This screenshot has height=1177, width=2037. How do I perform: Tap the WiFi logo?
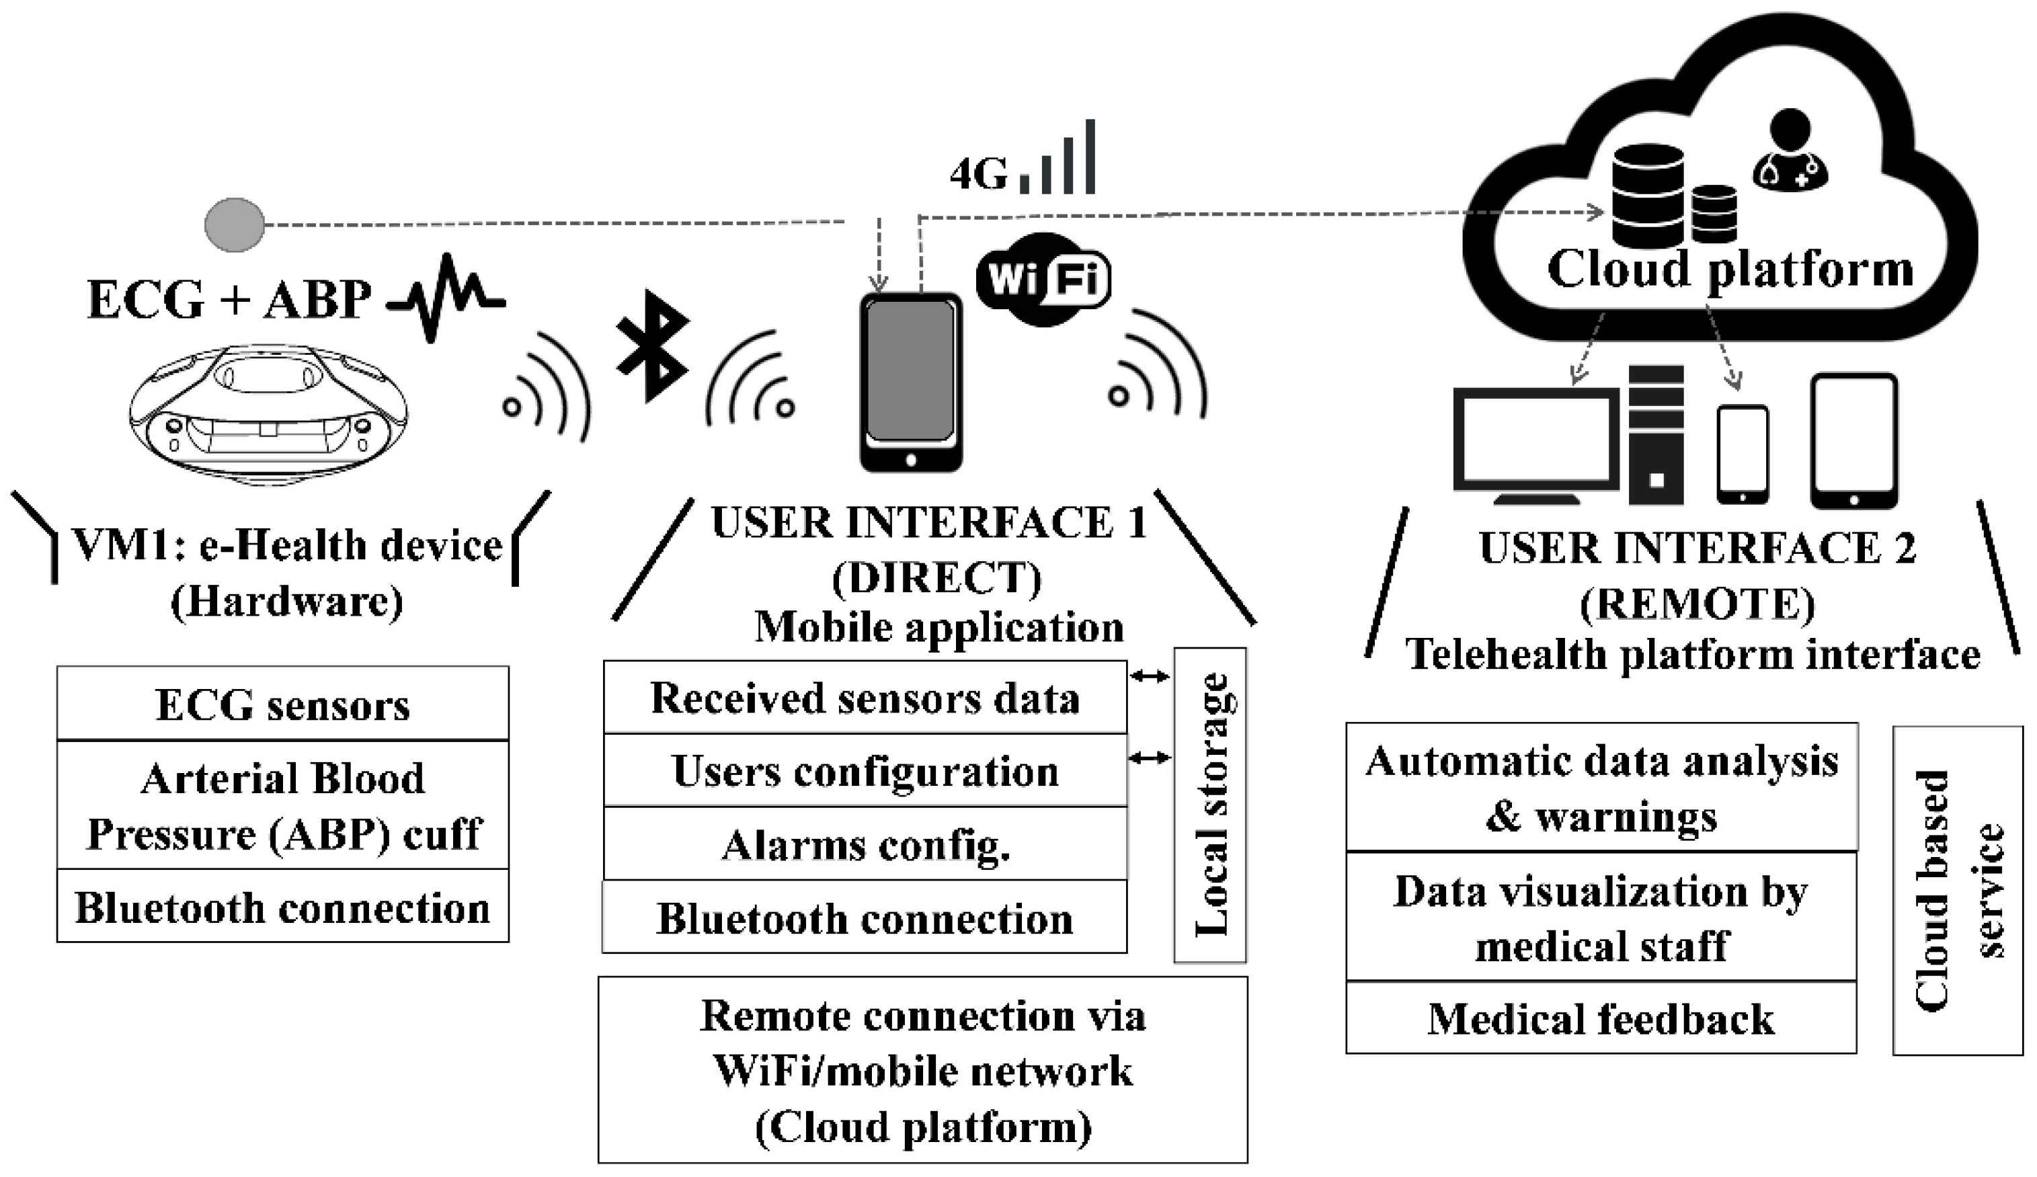[x=1043, y=280]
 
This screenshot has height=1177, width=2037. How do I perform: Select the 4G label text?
[x=979, y=174]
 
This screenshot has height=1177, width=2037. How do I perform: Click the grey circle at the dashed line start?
[x=235, y=224]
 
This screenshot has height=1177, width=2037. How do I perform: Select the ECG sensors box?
[x=283, y=703]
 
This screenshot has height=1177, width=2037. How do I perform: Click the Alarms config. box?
[x=865, y=844]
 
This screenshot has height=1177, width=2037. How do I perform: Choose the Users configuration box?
[x=865, y=770]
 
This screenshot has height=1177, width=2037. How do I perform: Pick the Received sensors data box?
[x=865, y=698]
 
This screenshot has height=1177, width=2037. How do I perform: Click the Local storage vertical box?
[x=1210, y=805]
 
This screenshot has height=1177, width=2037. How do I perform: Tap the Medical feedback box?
[x=1601, y=1018]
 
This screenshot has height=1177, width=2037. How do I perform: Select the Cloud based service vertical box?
[x=1958, y=890]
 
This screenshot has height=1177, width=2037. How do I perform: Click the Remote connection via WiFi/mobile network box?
[x=922, y=1069]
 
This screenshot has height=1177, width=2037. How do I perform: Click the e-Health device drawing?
[x=268, y=414]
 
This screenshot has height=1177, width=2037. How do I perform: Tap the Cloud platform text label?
[x=1730, y=269]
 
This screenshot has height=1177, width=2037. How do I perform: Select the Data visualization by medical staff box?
[x=1601, y=917]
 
